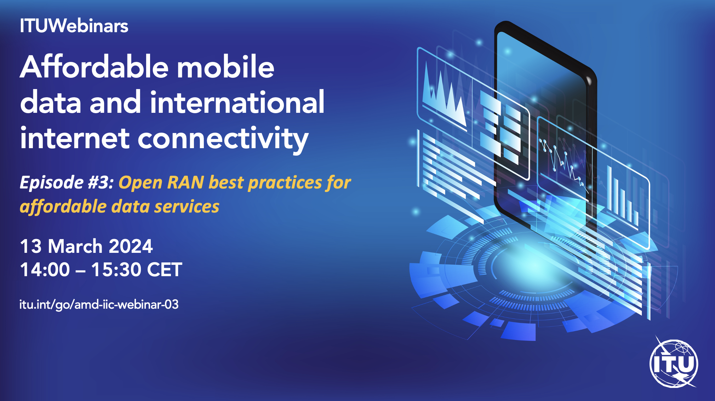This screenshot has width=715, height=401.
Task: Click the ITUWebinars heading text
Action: [74, 26]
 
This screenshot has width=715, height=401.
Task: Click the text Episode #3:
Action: [67, 183]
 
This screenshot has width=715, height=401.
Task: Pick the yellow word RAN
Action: [185, 183]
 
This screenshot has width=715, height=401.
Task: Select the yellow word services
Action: [187, 207]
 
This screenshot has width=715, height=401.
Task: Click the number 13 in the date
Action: [31, 246]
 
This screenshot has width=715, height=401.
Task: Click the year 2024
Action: [131, 246]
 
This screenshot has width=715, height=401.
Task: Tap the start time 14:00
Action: [45, 270]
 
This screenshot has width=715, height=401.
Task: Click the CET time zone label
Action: [165, 270]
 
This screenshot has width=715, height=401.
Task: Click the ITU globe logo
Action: [674, 362]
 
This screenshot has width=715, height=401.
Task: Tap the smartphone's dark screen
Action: [542, 117]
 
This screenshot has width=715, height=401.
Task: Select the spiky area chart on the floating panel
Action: [444, 95]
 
